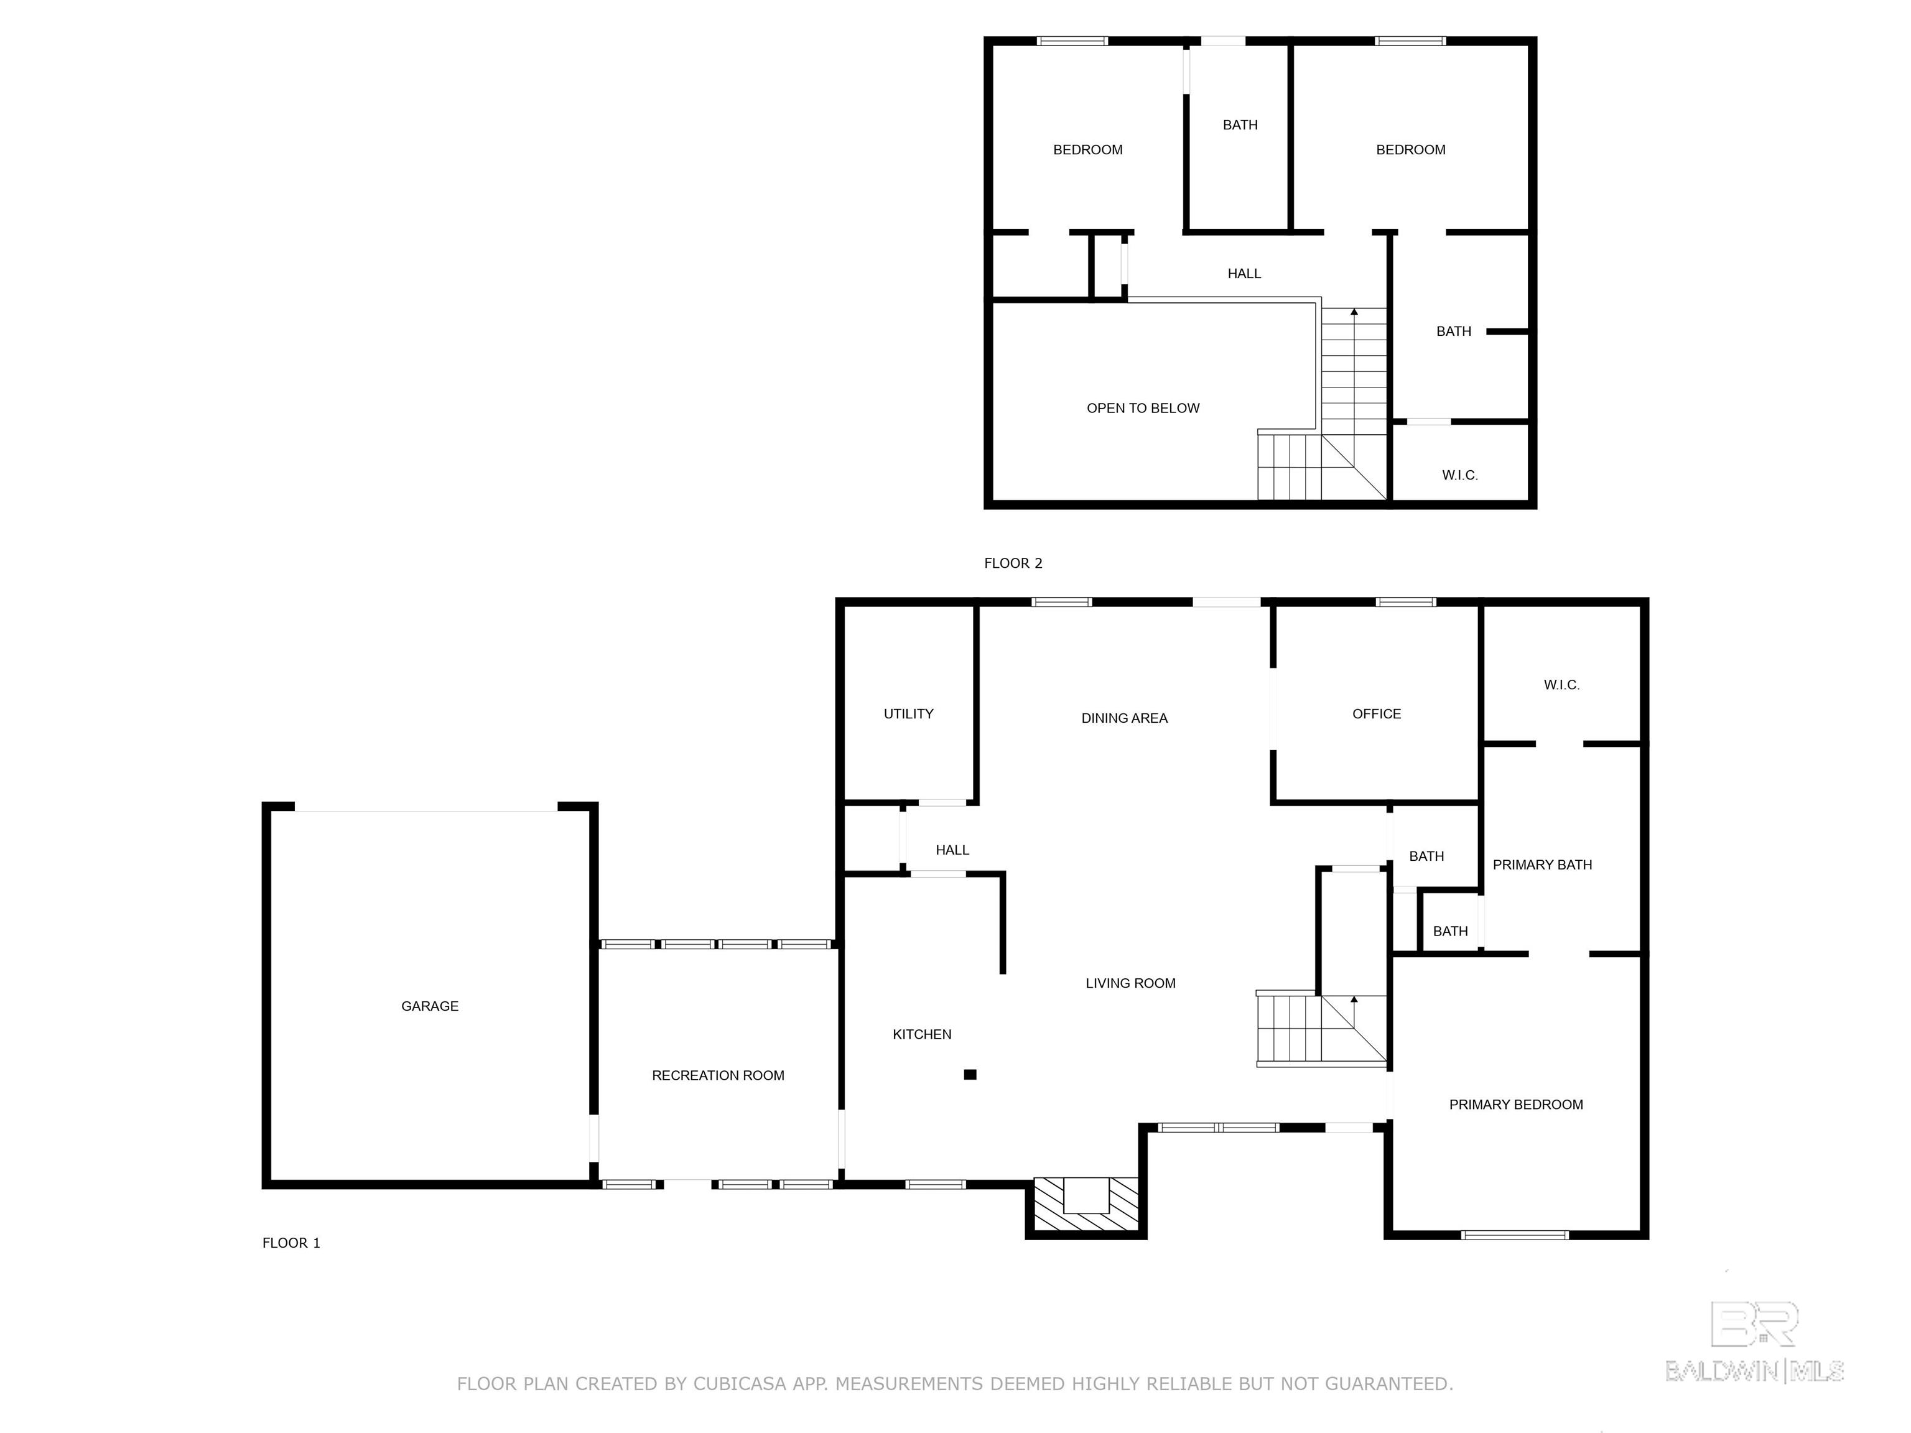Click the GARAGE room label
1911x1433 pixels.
point(429,1006)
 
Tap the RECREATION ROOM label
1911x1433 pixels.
point(718,1075)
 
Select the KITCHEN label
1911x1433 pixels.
point(922,1034)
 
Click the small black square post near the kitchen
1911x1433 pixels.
point(970,1075)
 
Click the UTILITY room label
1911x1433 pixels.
point(908,713)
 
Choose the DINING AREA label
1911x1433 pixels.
point(1124,718)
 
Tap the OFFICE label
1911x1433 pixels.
point(1376,713)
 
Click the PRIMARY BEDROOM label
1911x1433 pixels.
point(1515,1104)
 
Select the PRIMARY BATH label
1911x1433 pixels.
point(1542,865)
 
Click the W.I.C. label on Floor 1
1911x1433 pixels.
point(1561,685)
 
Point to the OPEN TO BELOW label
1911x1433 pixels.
point(1143,408)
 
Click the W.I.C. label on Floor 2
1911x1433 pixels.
point(1459,475)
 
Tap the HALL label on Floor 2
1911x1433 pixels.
point(1244,273)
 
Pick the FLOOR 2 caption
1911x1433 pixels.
point(1013,563)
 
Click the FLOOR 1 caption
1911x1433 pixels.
point(291,1243)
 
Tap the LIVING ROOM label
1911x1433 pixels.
point(1130,983)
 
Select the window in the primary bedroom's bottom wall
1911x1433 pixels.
point(1515,1235)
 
